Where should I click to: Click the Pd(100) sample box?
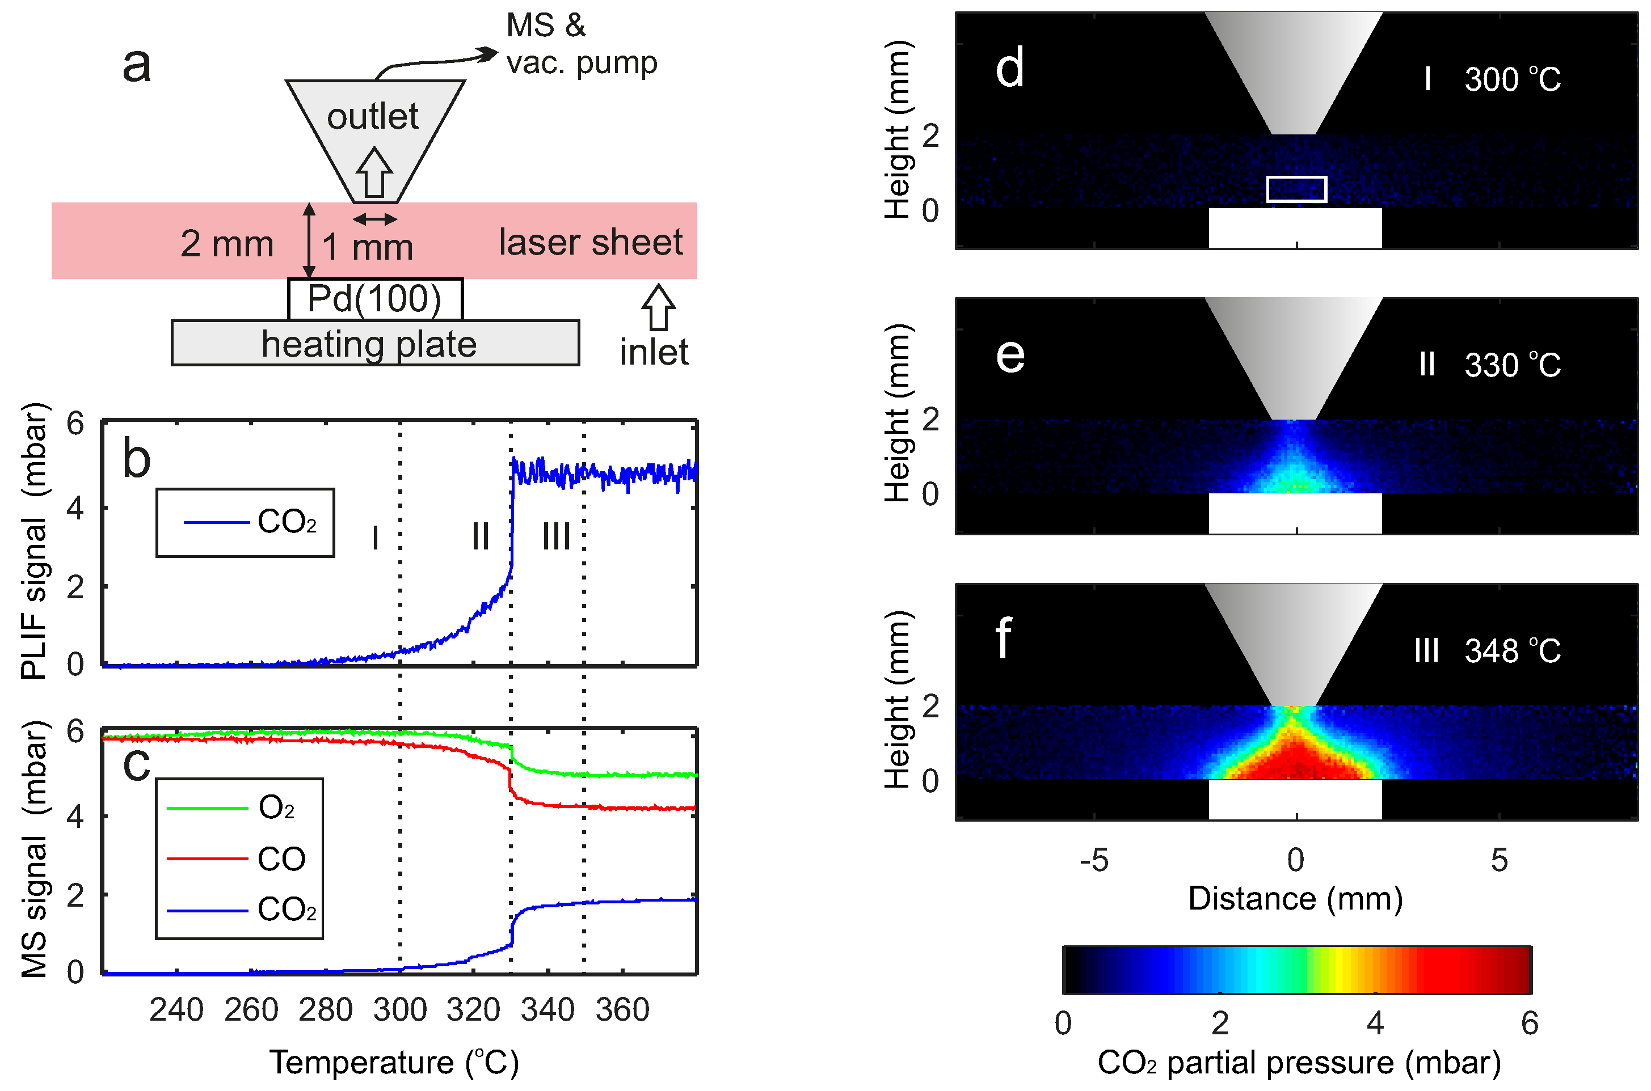(374, 299)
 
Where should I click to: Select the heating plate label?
(369, 344)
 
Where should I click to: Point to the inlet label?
(654, 352)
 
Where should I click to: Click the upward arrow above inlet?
(658, 307)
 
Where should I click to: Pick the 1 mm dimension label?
(368, 247)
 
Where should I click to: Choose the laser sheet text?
(590, 243)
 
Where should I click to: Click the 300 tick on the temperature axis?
(399, 1009)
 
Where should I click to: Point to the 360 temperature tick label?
(622, 1009)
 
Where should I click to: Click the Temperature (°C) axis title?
(394, 1063)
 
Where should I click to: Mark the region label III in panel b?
(556, 536)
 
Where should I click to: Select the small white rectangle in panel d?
(1296, 189)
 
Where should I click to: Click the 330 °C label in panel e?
(1512, 365)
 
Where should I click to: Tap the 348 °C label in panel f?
(1512, 652)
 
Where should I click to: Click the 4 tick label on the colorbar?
(1375, 1024)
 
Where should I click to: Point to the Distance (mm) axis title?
(1295, 898)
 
